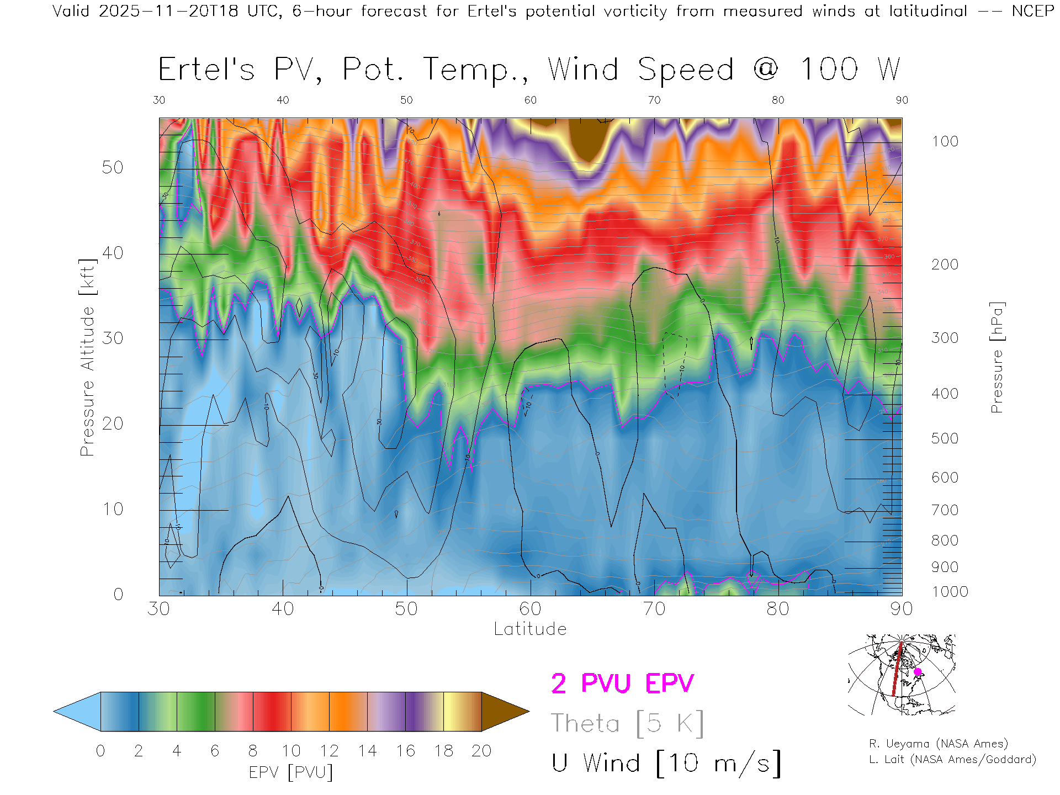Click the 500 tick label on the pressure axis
pyautogui.click(x=945, y=438)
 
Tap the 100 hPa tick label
pyautogui.click(x=945, y=141)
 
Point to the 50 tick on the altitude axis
pyautogui.click(x=113, y=167)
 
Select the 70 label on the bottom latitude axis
pyautogui.click(x=654, y=609)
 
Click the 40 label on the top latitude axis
pyautogui.click(x=283, y=100)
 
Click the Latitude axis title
pyautogui.click(x=530, y=629)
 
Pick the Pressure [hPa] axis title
pyautogui.click(x=997, y=357)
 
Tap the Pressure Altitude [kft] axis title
pyautogui.click(x=87, y=357)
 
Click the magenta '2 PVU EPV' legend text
pyautogui.click(x=622, y=683)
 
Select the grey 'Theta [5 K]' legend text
pyautogui.click(x=627, y=723)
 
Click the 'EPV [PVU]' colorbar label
pyautogui.click(x=291, y=772)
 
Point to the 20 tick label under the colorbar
pyautogui.click(x=481, y=751)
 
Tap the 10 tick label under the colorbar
pyautogui.click(x=291, y=751)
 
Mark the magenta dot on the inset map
pyautogui.click(x=918, y=672)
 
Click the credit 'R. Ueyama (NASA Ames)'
pyautogui.click(x=938, y=744)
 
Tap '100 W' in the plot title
pyautogui.click(x=850, y=70)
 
